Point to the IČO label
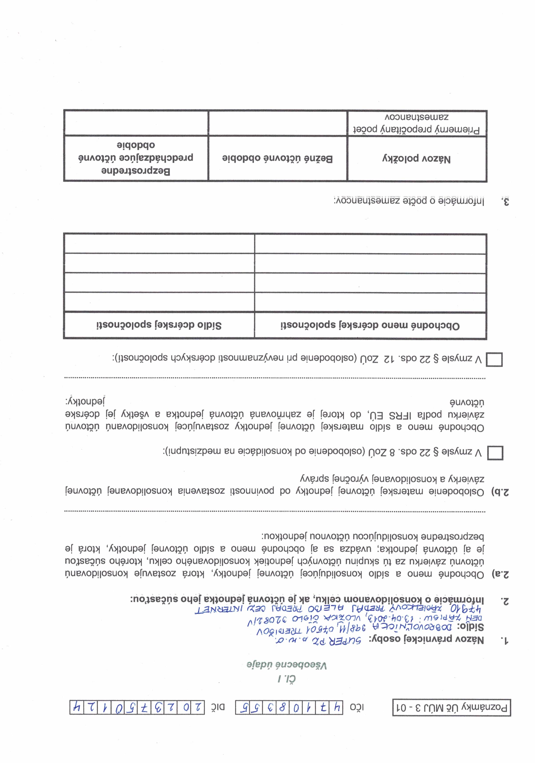pyautogui.click(x=357, y=707)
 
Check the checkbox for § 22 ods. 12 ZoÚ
pyautogui.click(x=494, y=359)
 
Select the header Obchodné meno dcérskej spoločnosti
pyautogui.click(x=370, y=325)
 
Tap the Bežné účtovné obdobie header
pyautogui.click(x=277, y=159)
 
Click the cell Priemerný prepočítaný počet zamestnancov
pyautogui.click(x=417, y=123)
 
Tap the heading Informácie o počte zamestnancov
pyautogui.click(x=409, y=201)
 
